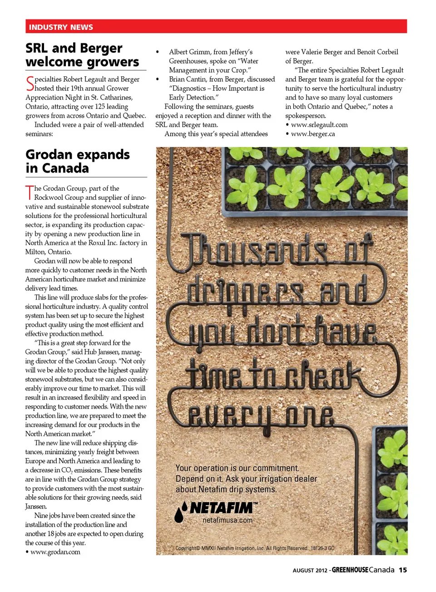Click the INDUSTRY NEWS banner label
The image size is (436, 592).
tap(61, 27)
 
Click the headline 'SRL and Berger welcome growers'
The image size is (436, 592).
tap(82, 55)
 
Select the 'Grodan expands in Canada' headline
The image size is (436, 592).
tap(78, 161)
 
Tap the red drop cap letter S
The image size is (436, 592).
tap(30, 84)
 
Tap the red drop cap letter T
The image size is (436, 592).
tap(30, 192)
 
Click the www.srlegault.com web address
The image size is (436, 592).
tap(319, 125)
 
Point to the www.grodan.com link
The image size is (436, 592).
tap(55, 552)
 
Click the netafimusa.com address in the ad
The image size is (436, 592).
tap(227, 520)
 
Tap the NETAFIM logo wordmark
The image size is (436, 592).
tap(222, 508)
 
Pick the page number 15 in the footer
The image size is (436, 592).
tap(403, 570)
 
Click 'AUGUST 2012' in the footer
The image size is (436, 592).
tap(310, 571)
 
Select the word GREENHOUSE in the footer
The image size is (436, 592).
tap(350, 570)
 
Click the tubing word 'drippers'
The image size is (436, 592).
tap(245, 291)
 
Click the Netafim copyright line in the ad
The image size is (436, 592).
tap(255, 548)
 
